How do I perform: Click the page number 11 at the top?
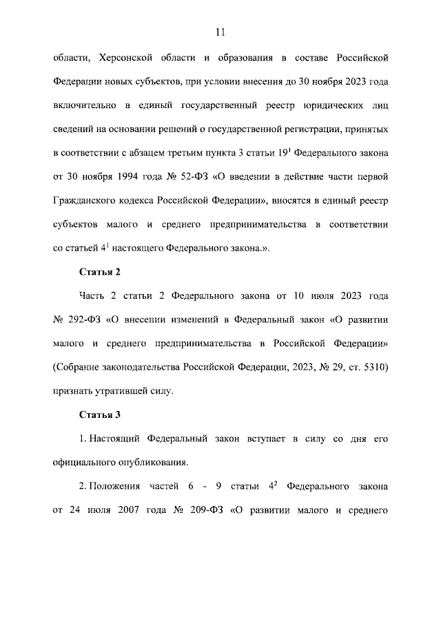(220, 32)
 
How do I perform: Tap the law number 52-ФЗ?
(187, 176)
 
